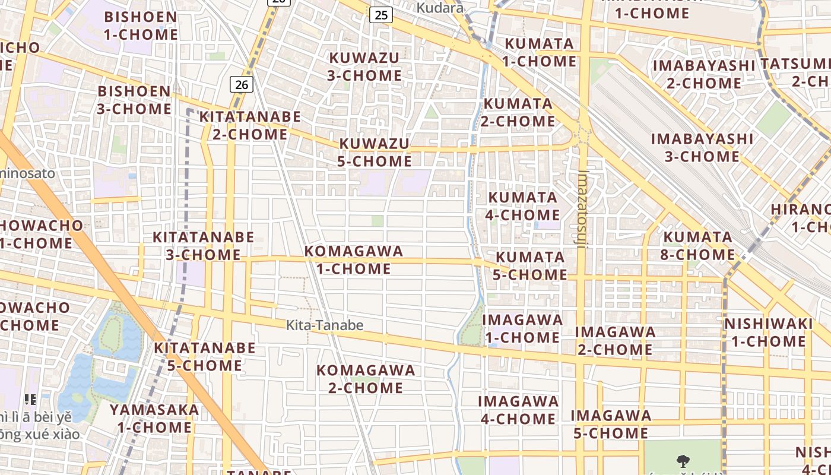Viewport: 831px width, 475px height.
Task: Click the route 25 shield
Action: (380, 15)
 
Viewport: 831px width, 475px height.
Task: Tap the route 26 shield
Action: (241, 85)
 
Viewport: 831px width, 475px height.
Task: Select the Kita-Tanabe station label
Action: (325, 325)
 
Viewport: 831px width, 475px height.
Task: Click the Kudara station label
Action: (440, 8)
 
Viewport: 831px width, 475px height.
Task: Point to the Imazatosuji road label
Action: (582, 208)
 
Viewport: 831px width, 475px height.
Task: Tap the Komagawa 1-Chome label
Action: (354, 260)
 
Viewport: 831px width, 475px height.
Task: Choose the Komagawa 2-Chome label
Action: (366, 379)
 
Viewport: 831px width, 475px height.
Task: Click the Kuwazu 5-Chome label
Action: (375, 153)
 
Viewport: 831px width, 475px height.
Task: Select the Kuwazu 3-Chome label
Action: (364, 66)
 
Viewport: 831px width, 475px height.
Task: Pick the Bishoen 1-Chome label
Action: (141, 26)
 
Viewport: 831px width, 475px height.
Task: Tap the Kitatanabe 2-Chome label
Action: (250, 125)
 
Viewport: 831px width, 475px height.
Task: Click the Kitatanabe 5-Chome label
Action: (205, 356)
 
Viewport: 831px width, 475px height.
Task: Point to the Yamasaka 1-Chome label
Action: (154, 418)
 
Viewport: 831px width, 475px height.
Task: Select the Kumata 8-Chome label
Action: (699, 246)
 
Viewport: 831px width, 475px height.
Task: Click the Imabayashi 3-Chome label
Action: (702, 148)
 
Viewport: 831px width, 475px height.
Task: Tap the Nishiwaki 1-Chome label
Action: (768, 332)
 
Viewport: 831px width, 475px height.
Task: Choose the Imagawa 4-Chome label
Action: (518, 410)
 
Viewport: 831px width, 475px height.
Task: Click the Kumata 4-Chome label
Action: (522, 205)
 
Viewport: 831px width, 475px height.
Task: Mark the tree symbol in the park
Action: (683, 461)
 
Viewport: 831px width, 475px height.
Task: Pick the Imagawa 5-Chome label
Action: (611, 424)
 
